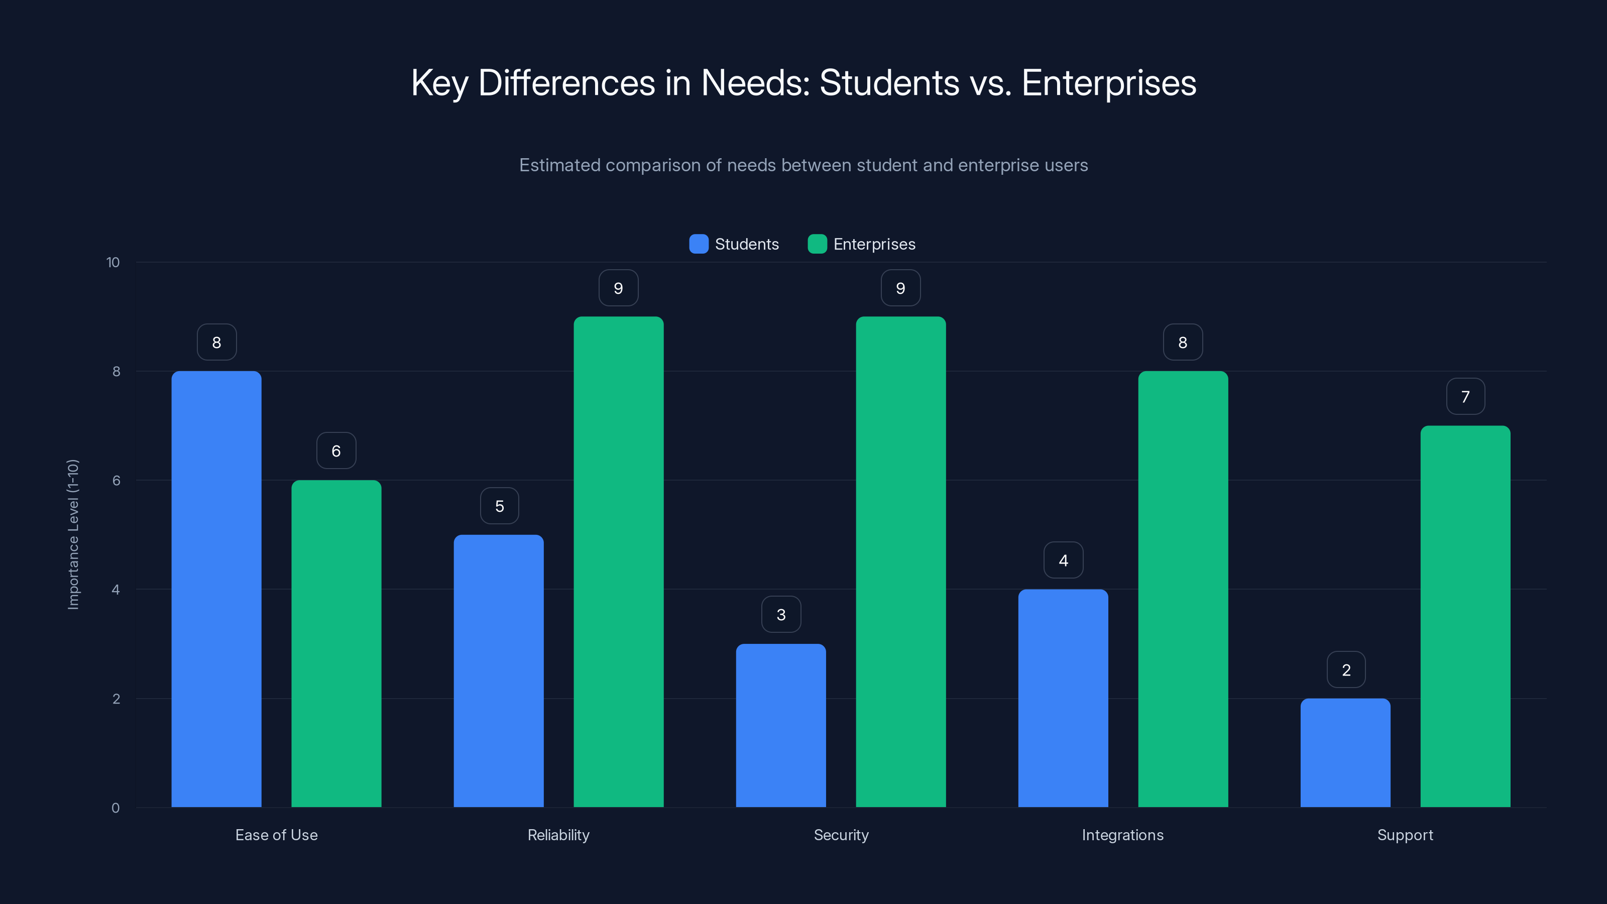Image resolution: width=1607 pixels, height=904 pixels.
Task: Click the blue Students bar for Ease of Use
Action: pyautogui.click(x=216, y=589)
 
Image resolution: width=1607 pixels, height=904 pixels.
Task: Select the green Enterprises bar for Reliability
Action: pyautogui.click(x=618, y=561)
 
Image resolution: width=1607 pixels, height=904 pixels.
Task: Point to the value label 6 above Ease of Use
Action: pyautogui.click(x=336, y=450)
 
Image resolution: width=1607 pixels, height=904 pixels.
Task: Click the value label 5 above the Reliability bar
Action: pyautogui.click(x=499, y=506)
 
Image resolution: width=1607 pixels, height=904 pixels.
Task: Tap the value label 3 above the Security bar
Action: pyautogui.click(x=781, y=615)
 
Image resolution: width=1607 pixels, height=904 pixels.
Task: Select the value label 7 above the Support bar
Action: pyautogui.click(x=1465, y=396)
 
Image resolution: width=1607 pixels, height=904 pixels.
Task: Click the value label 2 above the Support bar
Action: pyautogui.click(x=1346, y=669)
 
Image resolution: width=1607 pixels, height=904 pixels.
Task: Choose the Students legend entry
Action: pyautogui.click(x=734, y=244)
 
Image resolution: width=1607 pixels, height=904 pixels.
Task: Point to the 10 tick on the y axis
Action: pyautogui.click(x=113, y=262)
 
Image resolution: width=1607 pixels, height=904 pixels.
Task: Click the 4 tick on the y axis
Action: pyautogui.click(x=116, y=590)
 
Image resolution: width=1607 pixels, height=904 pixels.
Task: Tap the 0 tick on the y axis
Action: pyautogui.click(x=116, y=808)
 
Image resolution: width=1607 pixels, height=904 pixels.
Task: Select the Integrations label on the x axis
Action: pyautogui.click(x=1122, y=835)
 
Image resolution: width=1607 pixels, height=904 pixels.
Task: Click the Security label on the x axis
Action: pyautogui.click(x=841, y=835)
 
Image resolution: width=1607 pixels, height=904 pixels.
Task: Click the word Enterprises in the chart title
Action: pyautogui.click(x=1108, y=82)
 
